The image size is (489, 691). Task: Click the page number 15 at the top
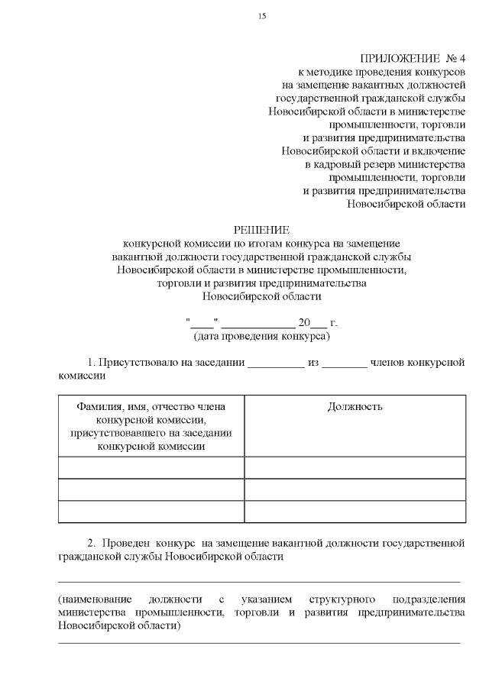coord(262,16)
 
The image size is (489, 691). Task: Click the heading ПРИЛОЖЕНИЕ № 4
coord(412,59)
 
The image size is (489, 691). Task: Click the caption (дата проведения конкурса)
coord(262,336)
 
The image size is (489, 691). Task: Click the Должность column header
coord(355,407)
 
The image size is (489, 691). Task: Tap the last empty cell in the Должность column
coord(355,511)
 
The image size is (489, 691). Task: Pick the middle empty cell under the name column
coord(151,489)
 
